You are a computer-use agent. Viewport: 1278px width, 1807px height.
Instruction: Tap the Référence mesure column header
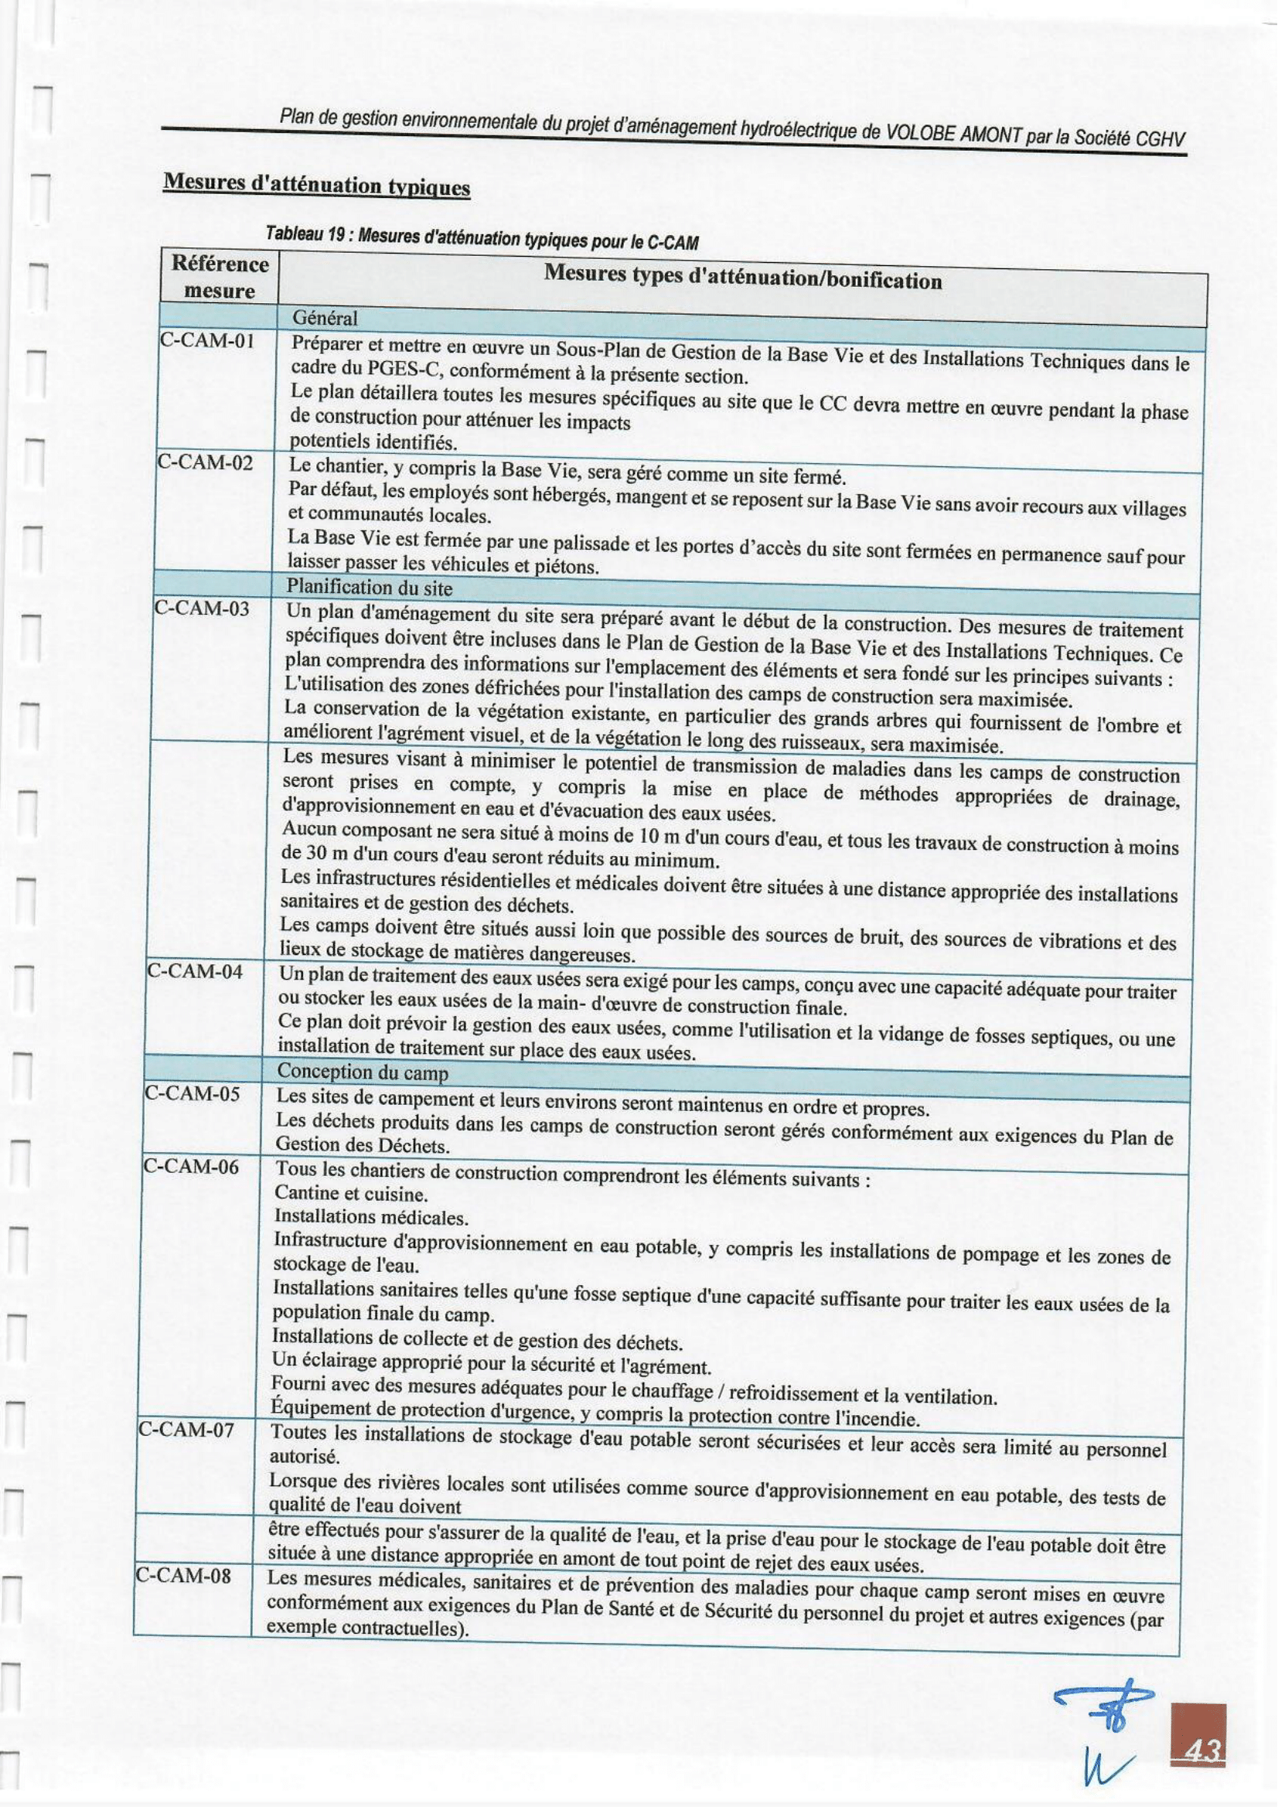(220, 277)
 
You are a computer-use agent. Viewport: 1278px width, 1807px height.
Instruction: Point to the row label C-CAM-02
(205, 462)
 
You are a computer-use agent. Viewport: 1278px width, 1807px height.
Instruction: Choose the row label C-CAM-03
(202, 609)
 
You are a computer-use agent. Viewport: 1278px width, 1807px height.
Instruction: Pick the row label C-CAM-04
(195, 971)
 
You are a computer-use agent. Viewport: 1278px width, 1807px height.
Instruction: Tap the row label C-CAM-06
(190, 1165)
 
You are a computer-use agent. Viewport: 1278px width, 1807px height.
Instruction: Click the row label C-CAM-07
(186, 1429)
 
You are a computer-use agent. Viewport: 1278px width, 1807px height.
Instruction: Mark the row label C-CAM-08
(183, 1577)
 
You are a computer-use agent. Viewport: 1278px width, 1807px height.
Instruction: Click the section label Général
(324, 318)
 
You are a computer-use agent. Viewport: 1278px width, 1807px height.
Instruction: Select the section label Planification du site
(369, 587)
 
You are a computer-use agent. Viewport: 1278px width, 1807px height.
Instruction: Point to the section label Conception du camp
(362, 1072)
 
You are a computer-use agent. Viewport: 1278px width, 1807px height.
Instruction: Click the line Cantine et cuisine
(351, 1194)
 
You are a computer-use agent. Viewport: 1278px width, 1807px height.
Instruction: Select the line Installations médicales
(370, 1218)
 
